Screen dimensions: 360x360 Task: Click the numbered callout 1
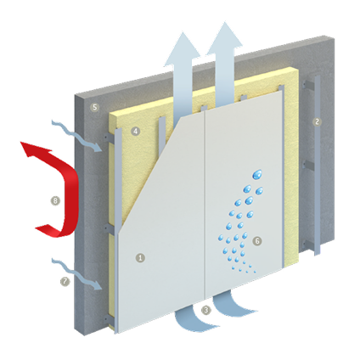coord(140,258)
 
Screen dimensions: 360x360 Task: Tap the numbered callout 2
coord(317,121)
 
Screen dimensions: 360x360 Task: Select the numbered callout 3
coord(206,310)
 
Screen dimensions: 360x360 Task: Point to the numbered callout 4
coord(136,131)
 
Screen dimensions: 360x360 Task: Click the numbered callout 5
coord(94,107)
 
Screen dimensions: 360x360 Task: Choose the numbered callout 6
coord(257,241)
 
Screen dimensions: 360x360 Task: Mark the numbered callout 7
coord(65,281)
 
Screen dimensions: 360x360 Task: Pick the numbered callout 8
coord(55,201)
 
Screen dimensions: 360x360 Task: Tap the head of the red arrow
coord(32,149)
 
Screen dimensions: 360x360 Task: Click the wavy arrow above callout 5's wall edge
coord(76,135)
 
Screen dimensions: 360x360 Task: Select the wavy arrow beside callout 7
coord(76,274)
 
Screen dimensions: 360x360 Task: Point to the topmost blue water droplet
coord(257,174)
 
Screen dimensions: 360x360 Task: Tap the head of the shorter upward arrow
coord(182,49)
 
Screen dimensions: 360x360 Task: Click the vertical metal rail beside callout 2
coord(318,165)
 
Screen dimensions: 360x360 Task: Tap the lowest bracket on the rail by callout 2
coord(308,245)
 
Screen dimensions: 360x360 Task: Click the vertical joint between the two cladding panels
coord(205,205)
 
